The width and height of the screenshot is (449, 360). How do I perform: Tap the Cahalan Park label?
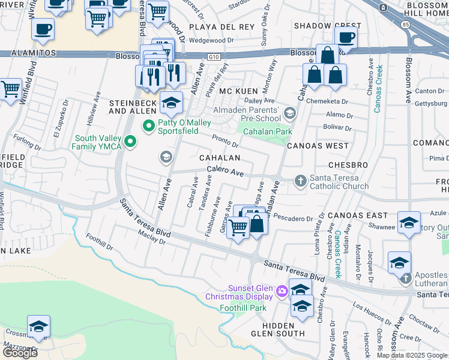click(263, 131)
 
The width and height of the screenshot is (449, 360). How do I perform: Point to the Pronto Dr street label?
click(226, 141)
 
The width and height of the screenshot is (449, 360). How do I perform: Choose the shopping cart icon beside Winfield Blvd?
click(11, 90)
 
